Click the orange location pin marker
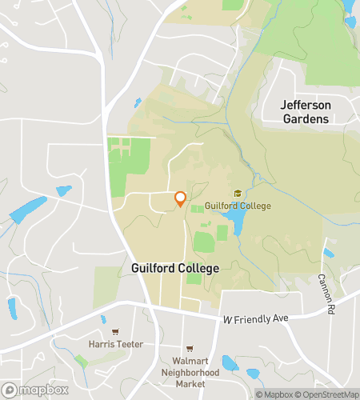coord(180,198)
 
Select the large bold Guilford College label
coord(174,269)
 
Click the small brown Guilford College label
coord(238,206)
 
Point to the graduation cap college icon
coord(238,194)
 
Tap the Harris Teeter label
coord(115,345)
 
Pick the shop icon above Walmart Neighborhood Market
coord(190,349)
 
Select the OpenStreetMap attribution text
coord(327,394)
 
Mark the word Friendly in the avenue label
coord(253,319)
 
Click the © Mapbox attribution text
coord(274,394)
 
